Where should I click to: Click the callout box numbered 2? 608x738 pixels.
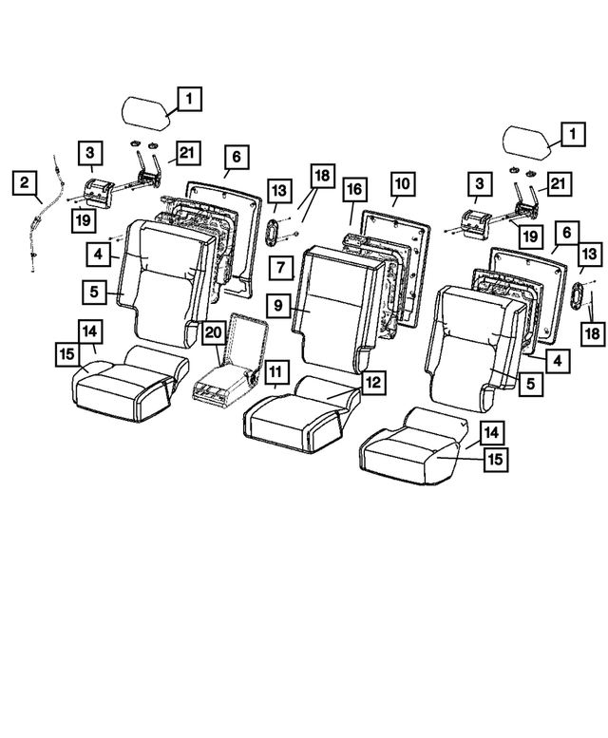point(25,182)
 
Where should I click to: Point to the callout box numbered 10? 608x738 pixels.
point(401,182)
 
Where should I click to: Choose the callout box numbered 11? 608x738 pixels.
point(276,369)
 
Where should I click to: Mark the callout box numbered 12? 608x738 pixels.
point(373,382)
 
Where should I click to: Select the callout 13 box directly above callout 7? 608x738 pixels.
point(278,191)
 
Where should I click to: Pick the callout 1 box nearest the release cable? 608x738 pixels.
point(188,97)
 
